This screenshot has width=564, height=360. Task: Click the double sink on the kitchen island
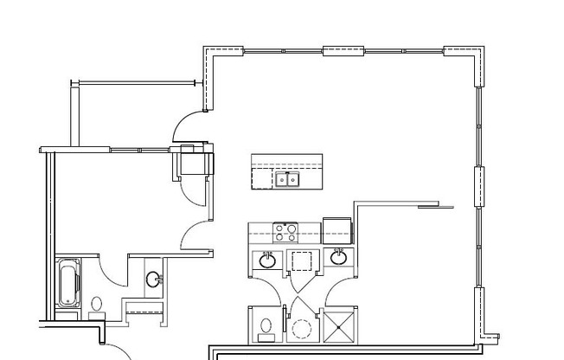tap(288, 179)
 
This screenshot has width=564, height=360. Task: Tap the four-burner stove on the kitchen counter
tap(285, 232)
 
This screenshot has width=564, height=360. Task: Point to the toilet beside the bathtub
tap(96, 306)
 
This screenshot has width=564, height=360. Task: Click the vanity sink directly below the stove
tap(268, 258)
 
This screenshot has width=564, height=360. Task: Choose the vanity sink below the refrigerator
tap(339, 257)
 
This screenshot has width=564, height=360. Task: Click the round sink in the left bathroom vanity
tap(154, 279)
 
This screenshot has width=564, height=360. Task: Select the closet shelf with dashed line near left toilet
tap(144, 308)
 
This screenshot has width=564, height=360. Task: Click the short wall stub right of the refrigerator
tap(428, 206)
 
